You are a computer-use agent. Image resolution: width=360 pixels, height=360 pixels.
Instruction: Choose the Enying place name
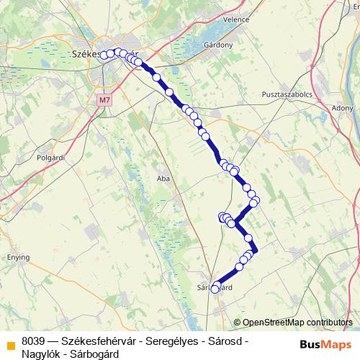click(x=19, y=257)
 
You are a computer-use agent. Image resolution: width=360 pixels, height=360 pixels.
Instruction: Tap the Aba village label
click(x=162, y=177)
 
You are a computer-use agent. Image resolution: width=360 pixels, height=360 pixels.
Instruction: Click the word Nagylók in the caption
click(x=41, y=354)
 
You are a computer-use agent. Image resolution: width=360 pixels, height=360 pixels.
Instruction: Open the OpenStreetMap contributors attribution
click(x=297, y=323)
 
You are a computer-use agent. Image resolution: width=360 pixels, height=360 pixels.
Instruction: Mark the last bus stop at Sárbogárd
click(x=215, y=289)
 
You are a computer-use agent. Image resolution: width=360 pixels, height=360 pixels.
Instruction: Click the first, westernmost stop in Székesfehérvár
click(x=104, y=55)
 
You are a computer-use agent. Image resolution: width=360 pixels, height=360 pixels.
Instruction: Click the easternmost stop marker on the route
click(x=256, y=200)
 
